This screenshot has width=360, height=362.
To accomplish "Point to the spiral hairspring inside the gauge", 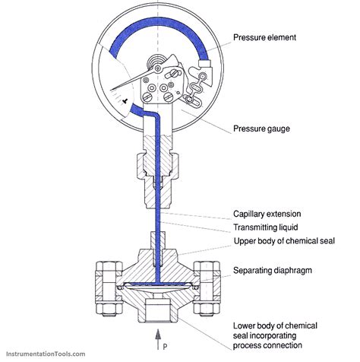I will point(155,61).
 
